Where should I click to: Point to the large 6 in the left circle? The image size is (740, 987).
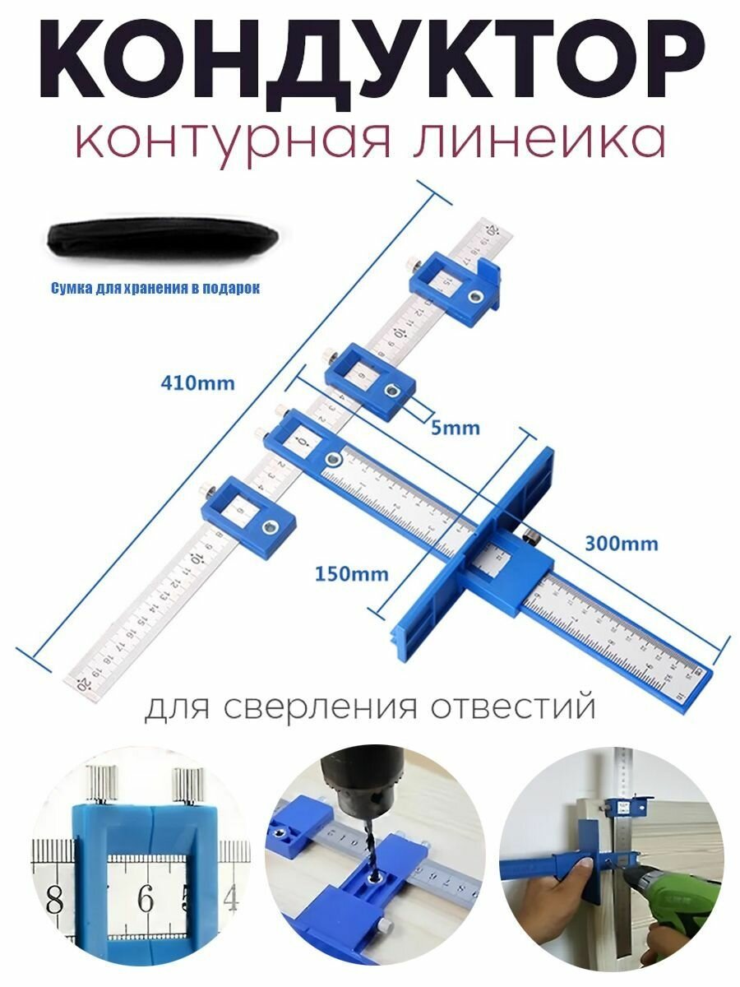pyautogui.click(x=146, y=898)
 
